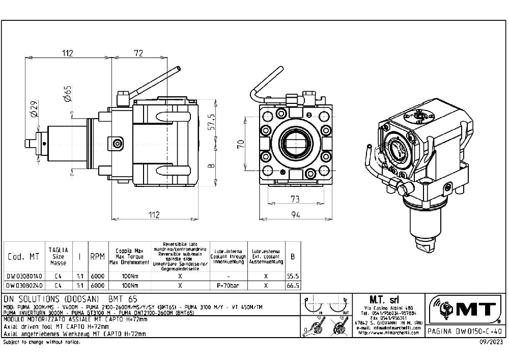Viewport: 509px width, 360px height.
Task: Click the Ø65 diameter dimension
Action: click(x=67, y=94)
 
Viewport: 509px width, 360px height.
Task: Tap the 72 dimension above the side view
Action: click(x=138, y=53)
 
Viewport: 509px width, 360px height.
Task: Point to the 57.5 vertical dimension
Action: click(x=212, y=123)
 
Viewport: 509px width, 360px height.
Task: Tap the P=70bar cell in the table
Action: click(x=228, y=286)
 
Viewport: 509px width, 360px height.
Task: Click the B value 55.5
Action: click(x=292, y=275)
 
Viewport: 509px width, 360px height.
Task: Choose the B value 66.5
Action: click(x=292, y=286)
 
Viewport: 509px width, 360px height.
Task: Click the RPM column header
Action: click(x=97, y=257)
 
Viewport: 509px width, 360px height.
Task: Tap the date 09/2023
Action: click(x=493, y=342)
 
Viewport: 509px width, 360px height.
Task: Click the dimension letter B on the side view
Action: click(x=212, y=165)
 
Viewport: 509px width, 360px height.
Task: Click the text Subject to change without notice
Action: click(x=42, y=342)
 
